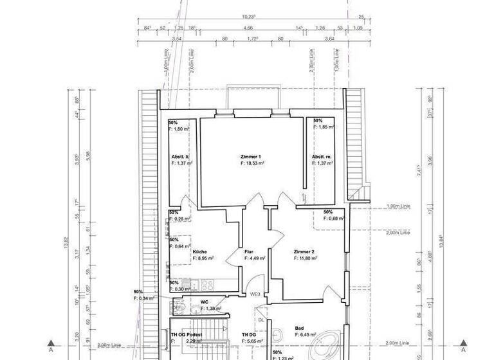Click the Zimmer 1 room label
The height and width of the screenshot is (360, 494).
(251, 157)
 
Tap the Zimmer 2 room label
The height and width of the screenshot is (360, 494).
(304, 251)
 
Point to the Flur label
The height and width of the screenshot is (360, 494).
(249, 251)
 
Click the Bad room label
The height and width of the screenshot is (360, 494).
(299, 327)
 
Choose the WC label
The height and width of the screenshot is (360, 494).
(204, 301)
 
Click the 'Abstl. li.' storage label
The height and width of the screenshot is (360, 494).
(179, 157)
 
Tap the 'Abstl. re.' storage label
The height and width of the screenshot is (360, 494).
(322, 157)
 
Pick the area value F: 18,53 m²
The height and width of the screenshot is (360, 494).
(253, 164)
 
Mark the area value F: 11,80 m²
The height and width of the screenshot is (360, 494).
(306, 258)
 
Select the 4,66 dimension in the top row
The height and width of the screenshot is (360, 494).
(248, 28)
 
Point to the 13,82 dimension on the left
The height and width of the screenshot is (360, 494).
(66, 242)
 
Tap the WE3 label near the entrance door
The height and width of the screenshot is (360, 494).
(255, 295)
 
